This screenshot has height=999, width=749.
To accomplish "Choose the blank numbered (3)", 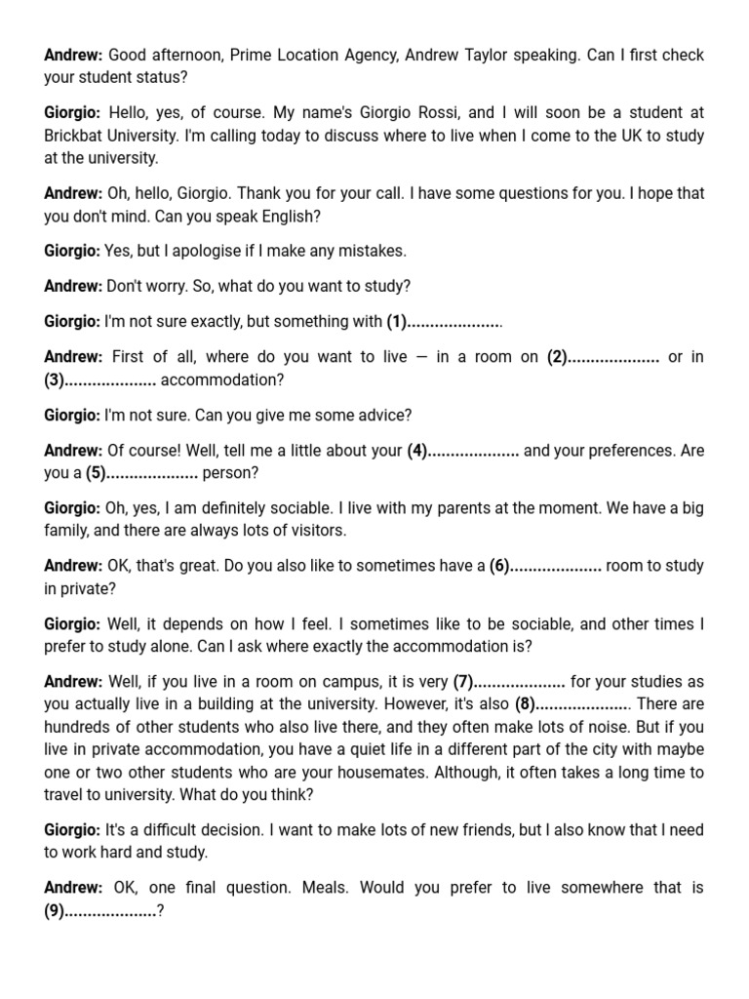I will pyautogui.click(x=109, y=380).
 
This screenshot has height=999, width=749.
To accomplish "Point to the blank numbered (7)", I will pyautogui.click(x=519, y=681).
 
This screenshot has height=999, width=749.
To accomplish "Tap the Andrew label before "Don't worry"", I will pyautogui.click(x=73, y=286).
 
